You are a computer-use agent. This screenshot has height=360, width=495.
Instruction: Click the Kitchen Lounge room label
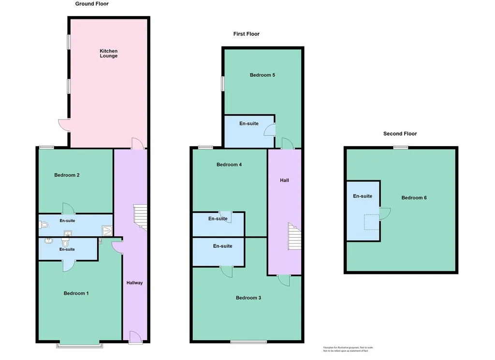tap(109, 53)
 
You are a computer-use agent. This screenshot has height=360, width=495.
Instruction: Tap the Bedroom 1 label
tap(76, 293)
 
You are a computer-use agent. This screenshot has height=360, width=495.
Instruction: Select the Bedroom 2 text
tap(67, 175)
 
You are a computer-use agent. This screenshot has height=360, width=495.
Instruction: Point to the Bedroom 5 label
tap(262, 75)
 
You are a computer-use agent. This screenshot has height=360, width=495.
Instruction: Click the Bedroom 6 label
tap(414, 198)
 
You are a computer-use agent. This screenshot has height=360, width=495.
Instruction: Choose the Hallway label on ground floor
tap(134, 283)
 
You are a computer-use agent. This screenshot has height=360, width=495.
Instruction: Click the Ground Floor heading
tap(92, 4)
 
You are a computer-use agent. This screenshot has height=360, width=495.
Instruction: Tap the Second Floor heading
tap(400, 134)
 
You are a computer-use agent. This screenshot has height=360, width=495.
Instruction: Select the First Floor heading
tap(246, 34)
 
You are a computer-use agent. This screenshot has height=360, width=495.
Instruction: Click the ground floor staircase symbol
tap(141, 217)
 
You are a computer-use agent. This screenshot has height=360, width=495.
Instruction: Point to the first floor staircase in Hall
tap(294, 237)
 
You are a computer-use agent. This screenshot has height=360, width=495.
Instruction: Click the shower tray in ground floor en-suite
tap(107, 231)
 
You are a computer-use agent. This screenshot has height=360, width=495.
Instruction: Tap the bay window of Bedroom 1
tap(80, 345)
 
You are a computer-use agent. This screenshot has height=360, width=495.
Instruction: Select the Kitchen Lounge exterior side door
tap(64, 125)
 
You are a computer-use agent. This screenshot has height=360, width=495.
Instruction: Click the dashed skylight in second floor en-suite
tap(372, 222)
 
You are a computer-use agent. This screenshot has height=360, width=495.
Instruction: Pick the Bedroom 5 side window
tap(222, 84)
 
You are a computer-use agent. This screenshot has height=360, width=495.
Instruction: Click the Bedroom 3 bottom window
tap(249, 342)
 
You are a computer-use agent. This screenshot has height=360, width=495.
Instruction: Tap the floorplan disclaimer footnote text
tap(348, 349)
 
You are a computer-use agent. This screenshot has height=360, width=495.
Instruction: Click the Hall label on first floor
tap(284, 180)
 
